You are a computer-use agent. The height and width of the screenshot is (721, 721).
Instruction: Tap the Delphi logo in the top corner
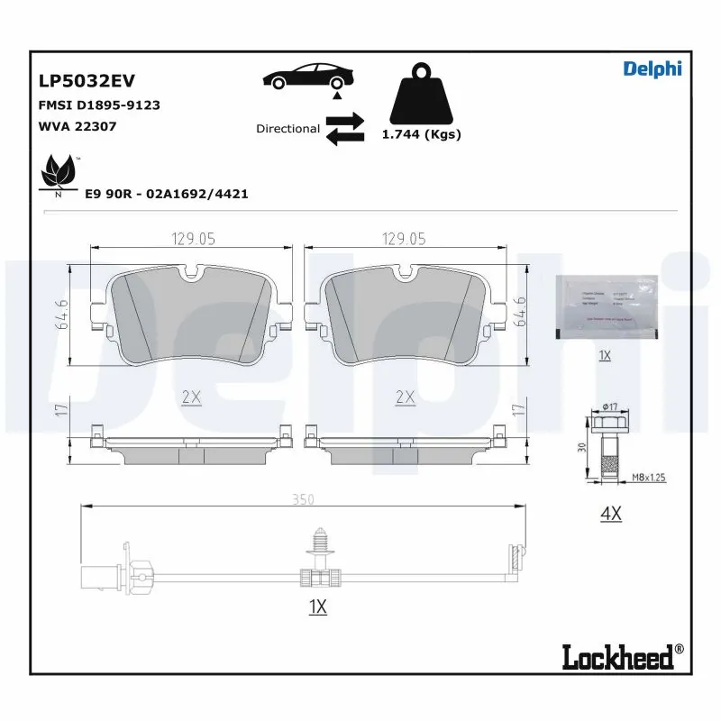653,68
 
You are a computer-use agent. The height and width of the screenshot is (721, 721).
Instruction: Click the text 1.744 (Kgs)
421,134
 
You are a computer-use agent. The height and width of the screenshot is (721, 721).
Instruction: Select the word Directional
287,129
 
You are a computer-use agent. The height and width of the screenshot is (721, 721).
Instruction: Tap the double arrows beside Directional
344,129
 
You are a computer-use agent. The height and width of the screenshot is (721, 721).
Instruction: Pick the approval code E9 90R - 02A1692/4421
166,194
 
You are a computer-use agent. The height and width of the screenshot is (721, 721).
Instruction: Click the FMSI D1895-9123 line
99,105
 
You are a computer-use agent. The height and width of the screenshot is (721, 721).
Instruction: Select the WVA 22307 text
77,126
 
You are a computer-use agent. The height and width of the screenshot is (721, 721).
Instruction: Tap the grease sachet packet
604,306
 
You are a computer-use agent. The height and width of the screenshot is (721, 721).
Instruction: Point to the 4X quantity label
611,515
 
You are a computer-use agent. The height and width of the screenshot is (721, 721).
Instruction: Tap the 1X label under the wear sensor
317,607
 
